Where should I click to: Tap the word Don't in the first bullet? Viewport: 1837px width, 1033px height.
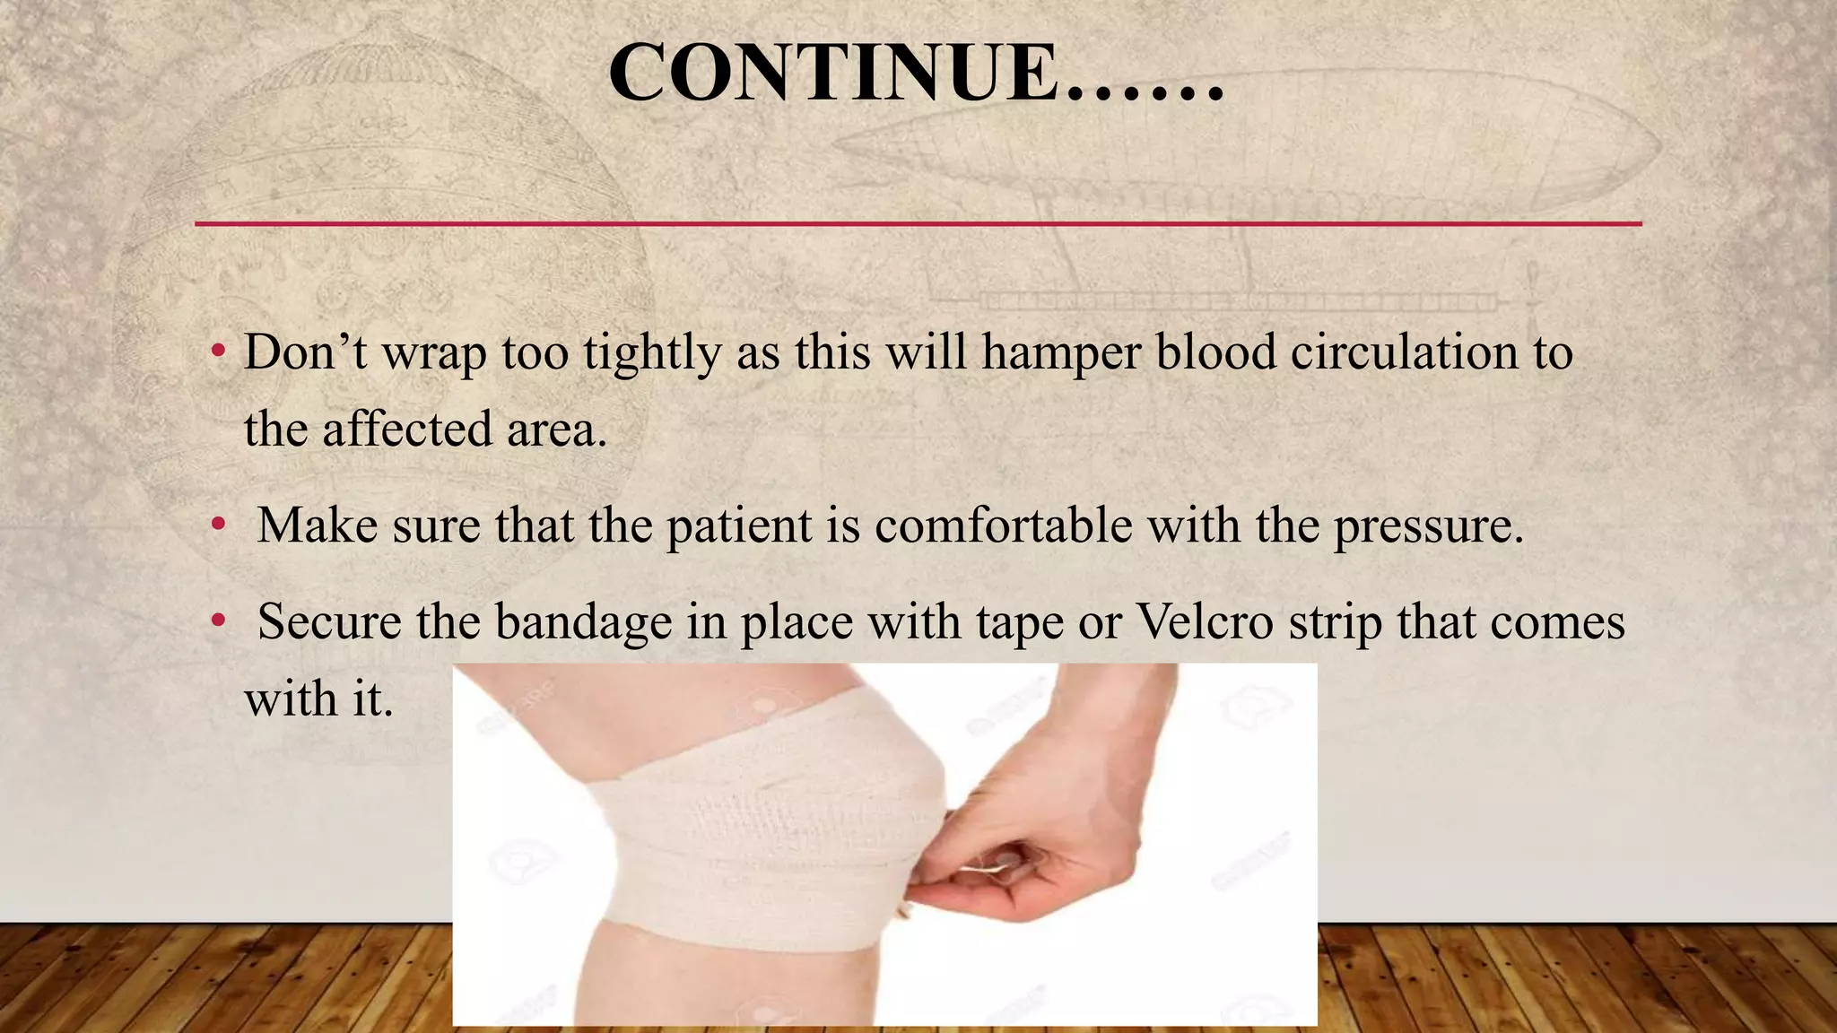pos(305,352)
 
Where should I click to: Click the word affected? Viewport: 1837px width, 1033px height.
pos(407,429)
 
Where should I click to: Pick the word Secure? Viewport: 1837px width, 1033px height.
pos(329,621)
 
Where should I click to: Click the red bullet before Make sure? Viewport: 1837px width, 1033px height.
pos(218,526)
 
